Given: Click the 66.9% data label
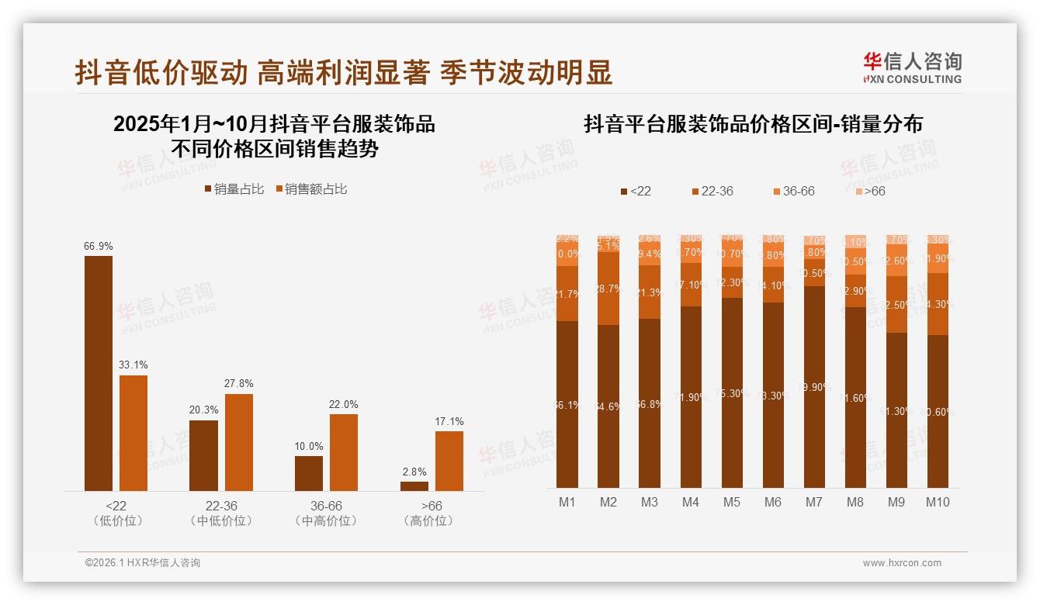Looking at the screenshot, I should pyautogui.click(x=99, y=246).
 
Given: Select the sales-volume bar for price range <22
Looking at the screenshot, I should pyautogui.click(x=99, y=373).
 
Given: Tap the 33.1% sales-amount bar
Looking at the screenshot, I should pyautogui.click(x=133, y=433).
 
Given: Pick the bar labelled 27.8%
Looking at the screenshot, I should pyautogui.click(x=239, y=442).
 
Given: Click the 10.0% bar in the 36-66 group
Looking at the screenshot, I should pyautogui.click(x=309, y=473).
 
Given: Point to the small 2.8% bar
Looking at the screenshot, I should pyautogui.click(x=414, y=486).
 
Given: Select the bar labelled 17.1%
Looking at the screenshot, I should pyautogui.click(x=449, y=461).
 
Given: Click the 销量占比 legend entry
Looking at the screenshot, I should pyautogui.click(x=234, y=189).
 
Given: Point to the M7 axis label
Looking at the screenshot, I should pyautogui.click(x=813, y=502).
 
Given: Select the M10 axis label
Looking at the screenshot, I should pyautogui.click(x=938, y=502).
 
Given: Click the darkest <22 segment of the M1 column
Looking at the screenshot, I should pyautogui.click(x=567, y=403).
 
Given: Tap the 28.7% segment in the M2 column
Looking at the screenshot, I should pyautogui.click(x=608, y=288).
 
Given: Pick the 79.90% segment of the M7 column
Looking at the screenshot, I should pyautogui.click(x=814, y=386).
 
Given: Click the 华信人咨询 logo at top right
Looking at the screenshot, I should pyautogui.click(x=912, y=67).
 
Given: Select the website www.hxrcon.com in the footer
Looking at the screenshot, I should pyautogui.click(x=902, y=563).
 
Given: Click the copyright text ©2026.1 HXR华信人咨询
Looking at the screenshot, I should pyautogui.click(x=143, y=563).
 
